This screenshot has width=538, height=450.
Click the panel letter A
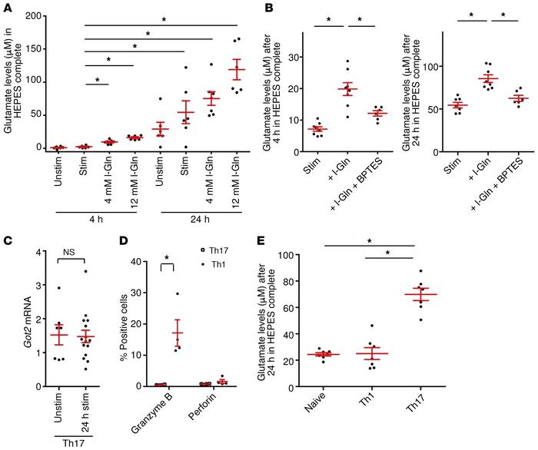coord(7,7)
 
